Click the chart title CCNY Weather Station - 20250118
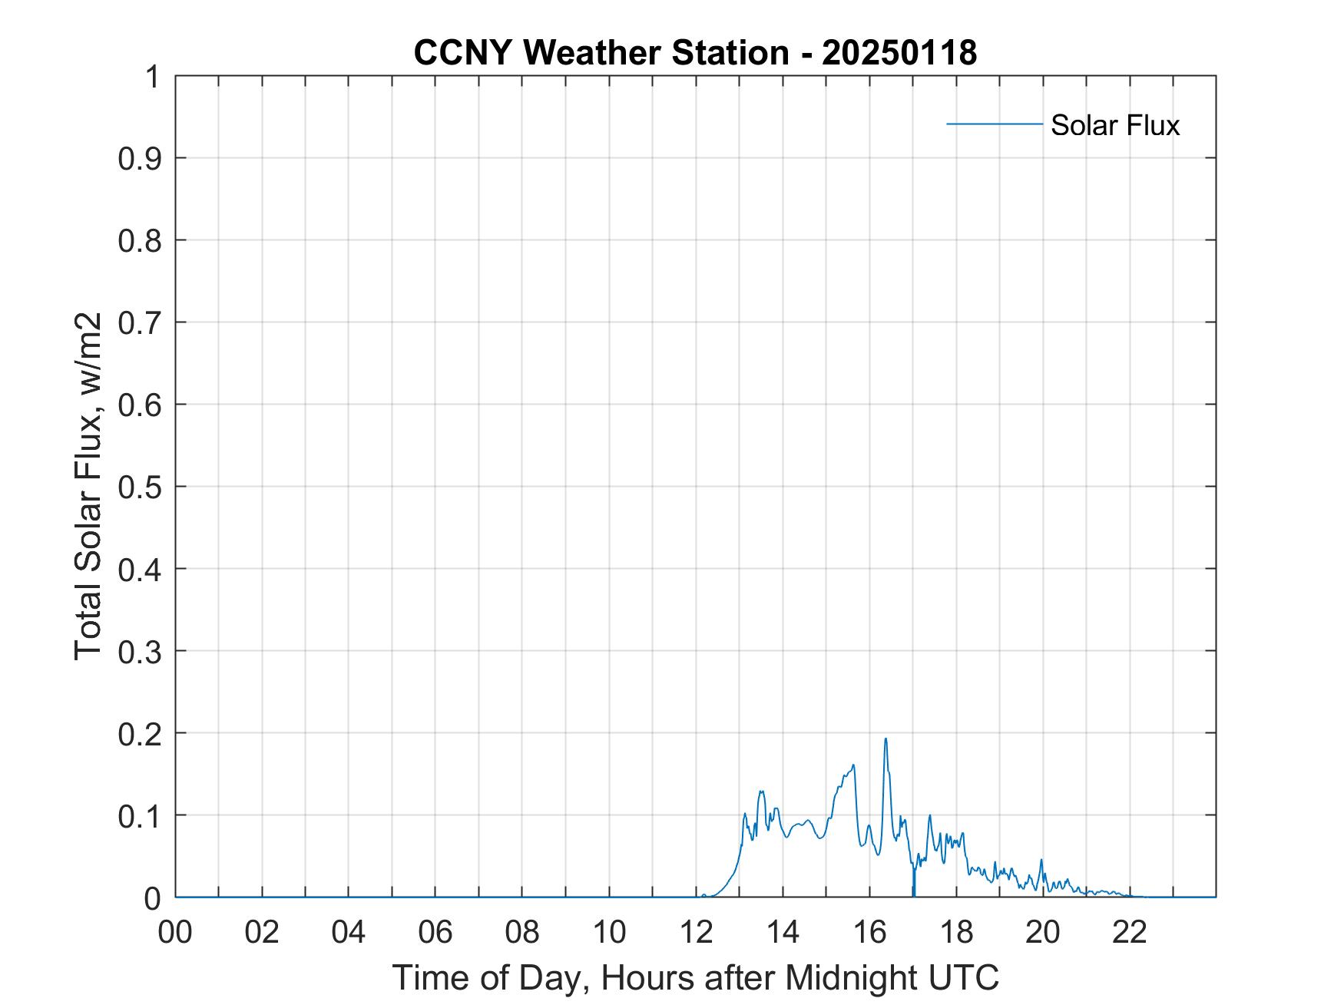tap(695, 53)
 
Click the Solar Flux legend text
tap(1114, 125)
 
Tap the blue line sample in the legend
tap(994, 124)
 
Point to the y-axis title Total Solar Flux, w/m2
tap(89, 486)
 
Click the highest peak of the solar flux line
tap(886, 739)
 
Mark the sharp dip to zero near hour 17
tap(913, 894)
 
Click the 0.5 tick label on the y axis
tap(140, 487)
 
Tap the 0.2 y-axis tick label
tap(140, 733)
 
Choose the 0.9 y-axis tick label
tap(140, 159)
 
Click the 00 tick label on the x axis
tap(175, 932)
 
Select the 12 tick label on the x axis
tap(696, 932)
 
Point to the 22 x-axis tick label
tap(1130, 932)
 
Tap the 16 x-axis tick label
tap(869, 932)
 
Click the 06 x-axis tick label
tap(435, 932)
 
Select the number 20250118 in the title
tap(899, 53)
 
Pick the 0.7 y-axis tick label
tap(140, 322)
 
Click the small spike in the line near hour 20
tap(1041, 860)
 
